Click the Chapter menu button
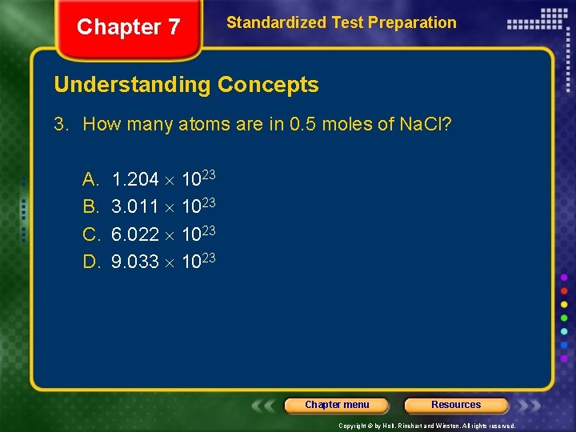point(337,405)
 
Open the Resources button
point(456,405)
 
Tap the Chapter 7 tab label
point(128,27)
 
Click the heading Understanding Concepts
point(186,85)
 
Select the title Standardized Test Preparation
point(342,22)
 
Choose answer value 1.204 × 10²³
point(164,178)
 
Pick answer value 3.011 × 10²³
point(164,206)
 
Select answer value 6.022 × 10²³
point(164,233)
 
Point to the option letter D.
point(90,261)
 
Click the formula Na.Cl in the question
point(425,125)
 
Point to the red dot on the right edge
point(564,290)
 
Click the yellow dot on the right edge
point(564,304)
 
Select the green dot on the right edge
point(564,318)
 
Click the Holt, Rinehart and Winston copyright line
point(426,426)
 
